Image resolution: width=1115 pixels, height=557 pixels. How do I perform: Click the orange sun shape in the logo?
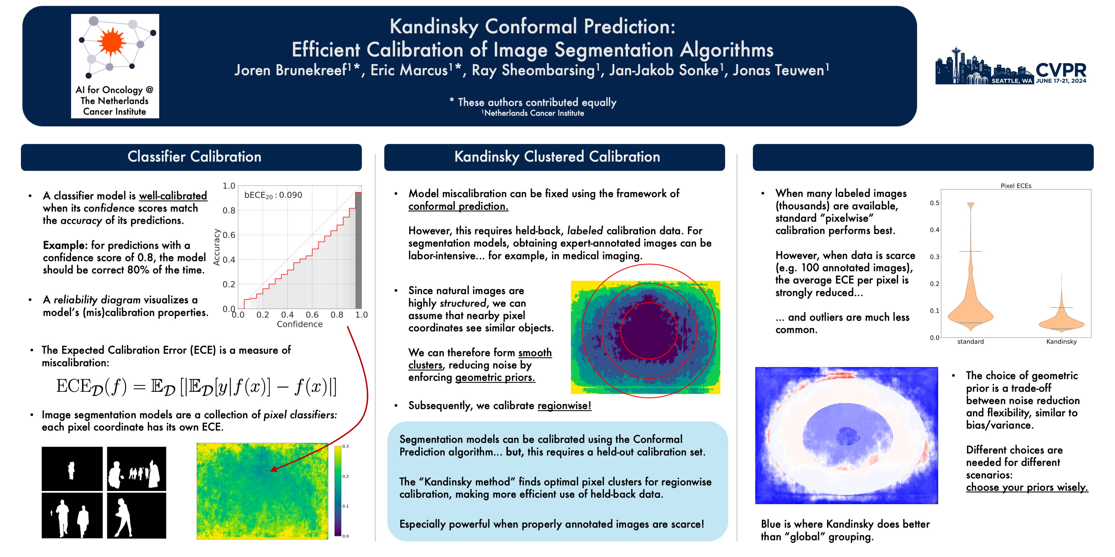tap(111, 41)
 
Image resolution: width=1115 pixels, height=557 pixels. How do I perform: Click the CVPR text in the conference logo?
tap(1061, 70)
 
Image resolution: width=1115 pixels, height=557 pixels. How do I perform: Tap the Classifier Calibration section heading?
tap(194, 157)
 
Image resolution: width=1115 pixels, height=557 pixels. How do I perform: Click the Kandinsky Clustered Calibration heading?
tap(557, 157)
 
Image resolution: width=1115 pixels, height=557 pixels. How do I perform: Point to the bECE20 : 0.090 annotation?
tap(273, 195)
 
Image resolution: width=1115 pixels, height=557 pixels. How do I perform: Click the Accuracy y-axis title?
tap(216, 247)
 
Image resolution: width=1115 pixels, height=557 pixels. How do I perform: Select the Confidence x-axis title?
tap(300, 324)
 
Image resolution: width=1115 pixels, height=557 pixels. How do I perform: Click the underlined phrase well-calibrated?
tap(173, 196)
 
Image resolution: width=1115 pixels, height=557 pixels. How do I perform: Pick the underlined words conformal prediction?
tap(458, 206)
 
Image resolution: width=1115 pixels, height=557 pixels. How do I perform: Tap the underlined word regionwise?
tap(564, 406)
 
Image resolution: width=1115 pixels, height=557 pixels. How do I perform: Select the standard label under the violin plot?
tap(970, 342)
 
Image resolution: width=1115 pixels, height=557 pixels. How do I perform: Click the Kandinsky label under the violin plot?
tap(1061, 342)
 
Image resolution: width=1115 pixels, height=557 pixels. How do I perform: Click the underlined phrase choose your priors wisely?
tap(1026, 487)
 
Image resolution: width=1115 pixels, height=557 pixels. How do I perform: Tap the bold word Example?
tap(65, 245)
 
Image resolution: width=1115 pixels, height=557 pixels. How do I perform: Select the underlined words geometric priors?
tap(495, 378)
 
